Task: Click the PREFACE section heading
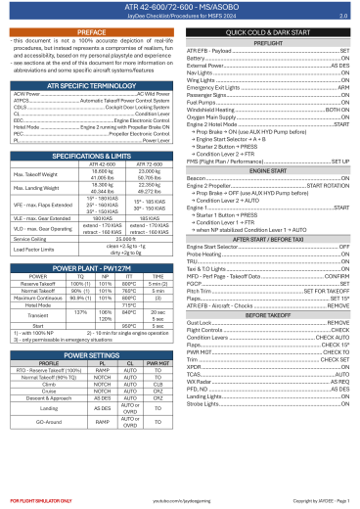click(x=90, y=32)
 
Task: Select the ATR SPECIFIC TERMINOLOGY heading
click(x=90, y=86)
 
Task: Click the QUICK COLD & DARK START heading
click(x=268, y=32)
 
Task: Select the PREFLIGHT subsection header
click(x=268, y=42)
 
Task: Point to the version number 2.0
click(x=342, y=17)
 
